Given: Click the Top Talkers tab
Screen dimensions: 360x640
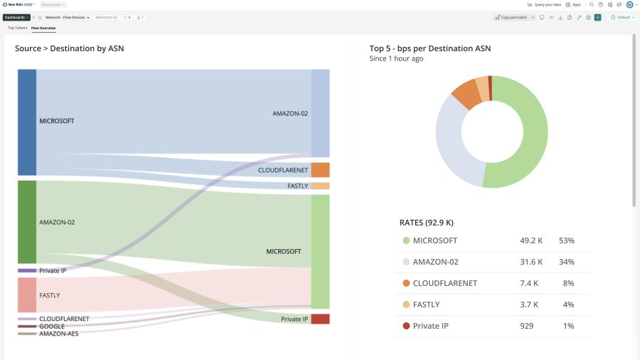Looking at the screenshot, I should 17,28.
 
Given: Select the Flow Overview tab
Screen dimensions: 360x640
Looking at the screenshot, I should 43,28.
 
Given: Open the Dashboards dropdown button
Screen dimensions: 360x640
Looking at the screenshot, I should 16,17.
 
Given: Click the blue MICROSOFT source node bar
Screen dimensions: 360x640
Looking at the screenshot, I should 27,122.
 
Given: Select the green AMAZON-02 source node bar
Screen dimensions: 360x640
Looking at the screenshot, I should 27,222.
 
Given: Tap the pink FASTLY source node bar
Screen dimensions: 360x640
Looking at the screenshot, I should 27,295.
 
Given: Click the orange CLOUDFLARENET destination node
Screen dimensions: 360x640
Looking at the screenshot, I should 320,170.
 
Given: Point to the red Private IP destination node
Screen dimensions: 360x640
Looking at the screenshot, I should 320,319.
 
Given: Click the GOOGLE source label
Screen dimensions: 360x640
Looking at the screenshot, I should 52,327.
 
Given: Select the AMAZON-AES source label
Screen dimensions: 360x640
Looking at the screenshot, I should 58,334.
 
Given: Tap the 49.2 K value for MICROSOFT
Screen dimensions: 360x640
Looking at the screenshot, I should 531,240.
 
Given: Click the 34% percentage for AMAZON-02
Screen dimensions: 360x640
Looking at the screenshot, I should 566,262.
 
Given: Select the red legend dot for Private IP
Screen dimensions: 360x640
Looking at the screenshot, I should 406,326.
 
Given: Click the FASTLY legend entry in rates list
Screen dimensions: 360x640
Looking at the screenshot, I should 426,305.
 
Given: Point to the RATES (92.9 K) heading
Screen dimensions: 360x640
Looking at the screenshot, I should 427,223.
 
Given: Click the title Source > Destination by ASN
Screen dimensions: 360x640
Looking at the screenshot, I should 70,48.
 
